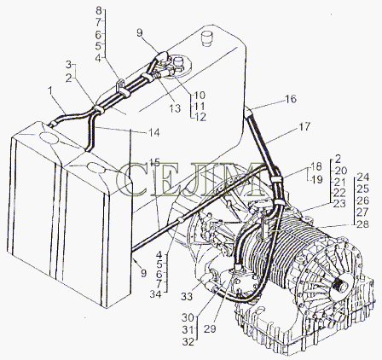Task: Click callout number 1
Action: (x=50, y=91)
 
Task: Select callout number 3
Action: (x=68, y=65)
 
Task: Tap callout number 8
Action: (x=99, y=11)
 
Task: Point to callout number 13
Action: (x=175, y=108)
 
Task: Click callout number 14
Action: (x=154, y=133)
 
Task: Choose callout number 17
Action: (x=304, y=126)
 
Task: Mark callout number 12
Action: (x=200, y=117)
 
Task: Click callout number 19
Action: (x=317, y=180)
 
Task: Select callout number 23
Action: (x=340, y=204)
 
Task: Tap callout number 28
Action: (x=362, y=224)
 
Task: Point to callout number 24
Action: (x=362, y=177)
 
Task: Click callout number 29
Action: (x=210, y=329)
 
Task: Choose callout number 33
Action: (x=187, y=297)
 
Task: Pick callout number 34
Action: (x=155, y=294)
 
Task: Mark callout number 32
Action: (x=188, y=342)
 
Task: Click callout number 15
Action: (x=154, y=162)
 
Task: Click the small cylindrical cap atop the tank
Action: (x=206, y=38)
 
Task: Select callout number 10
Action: (x=200, y=95)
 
